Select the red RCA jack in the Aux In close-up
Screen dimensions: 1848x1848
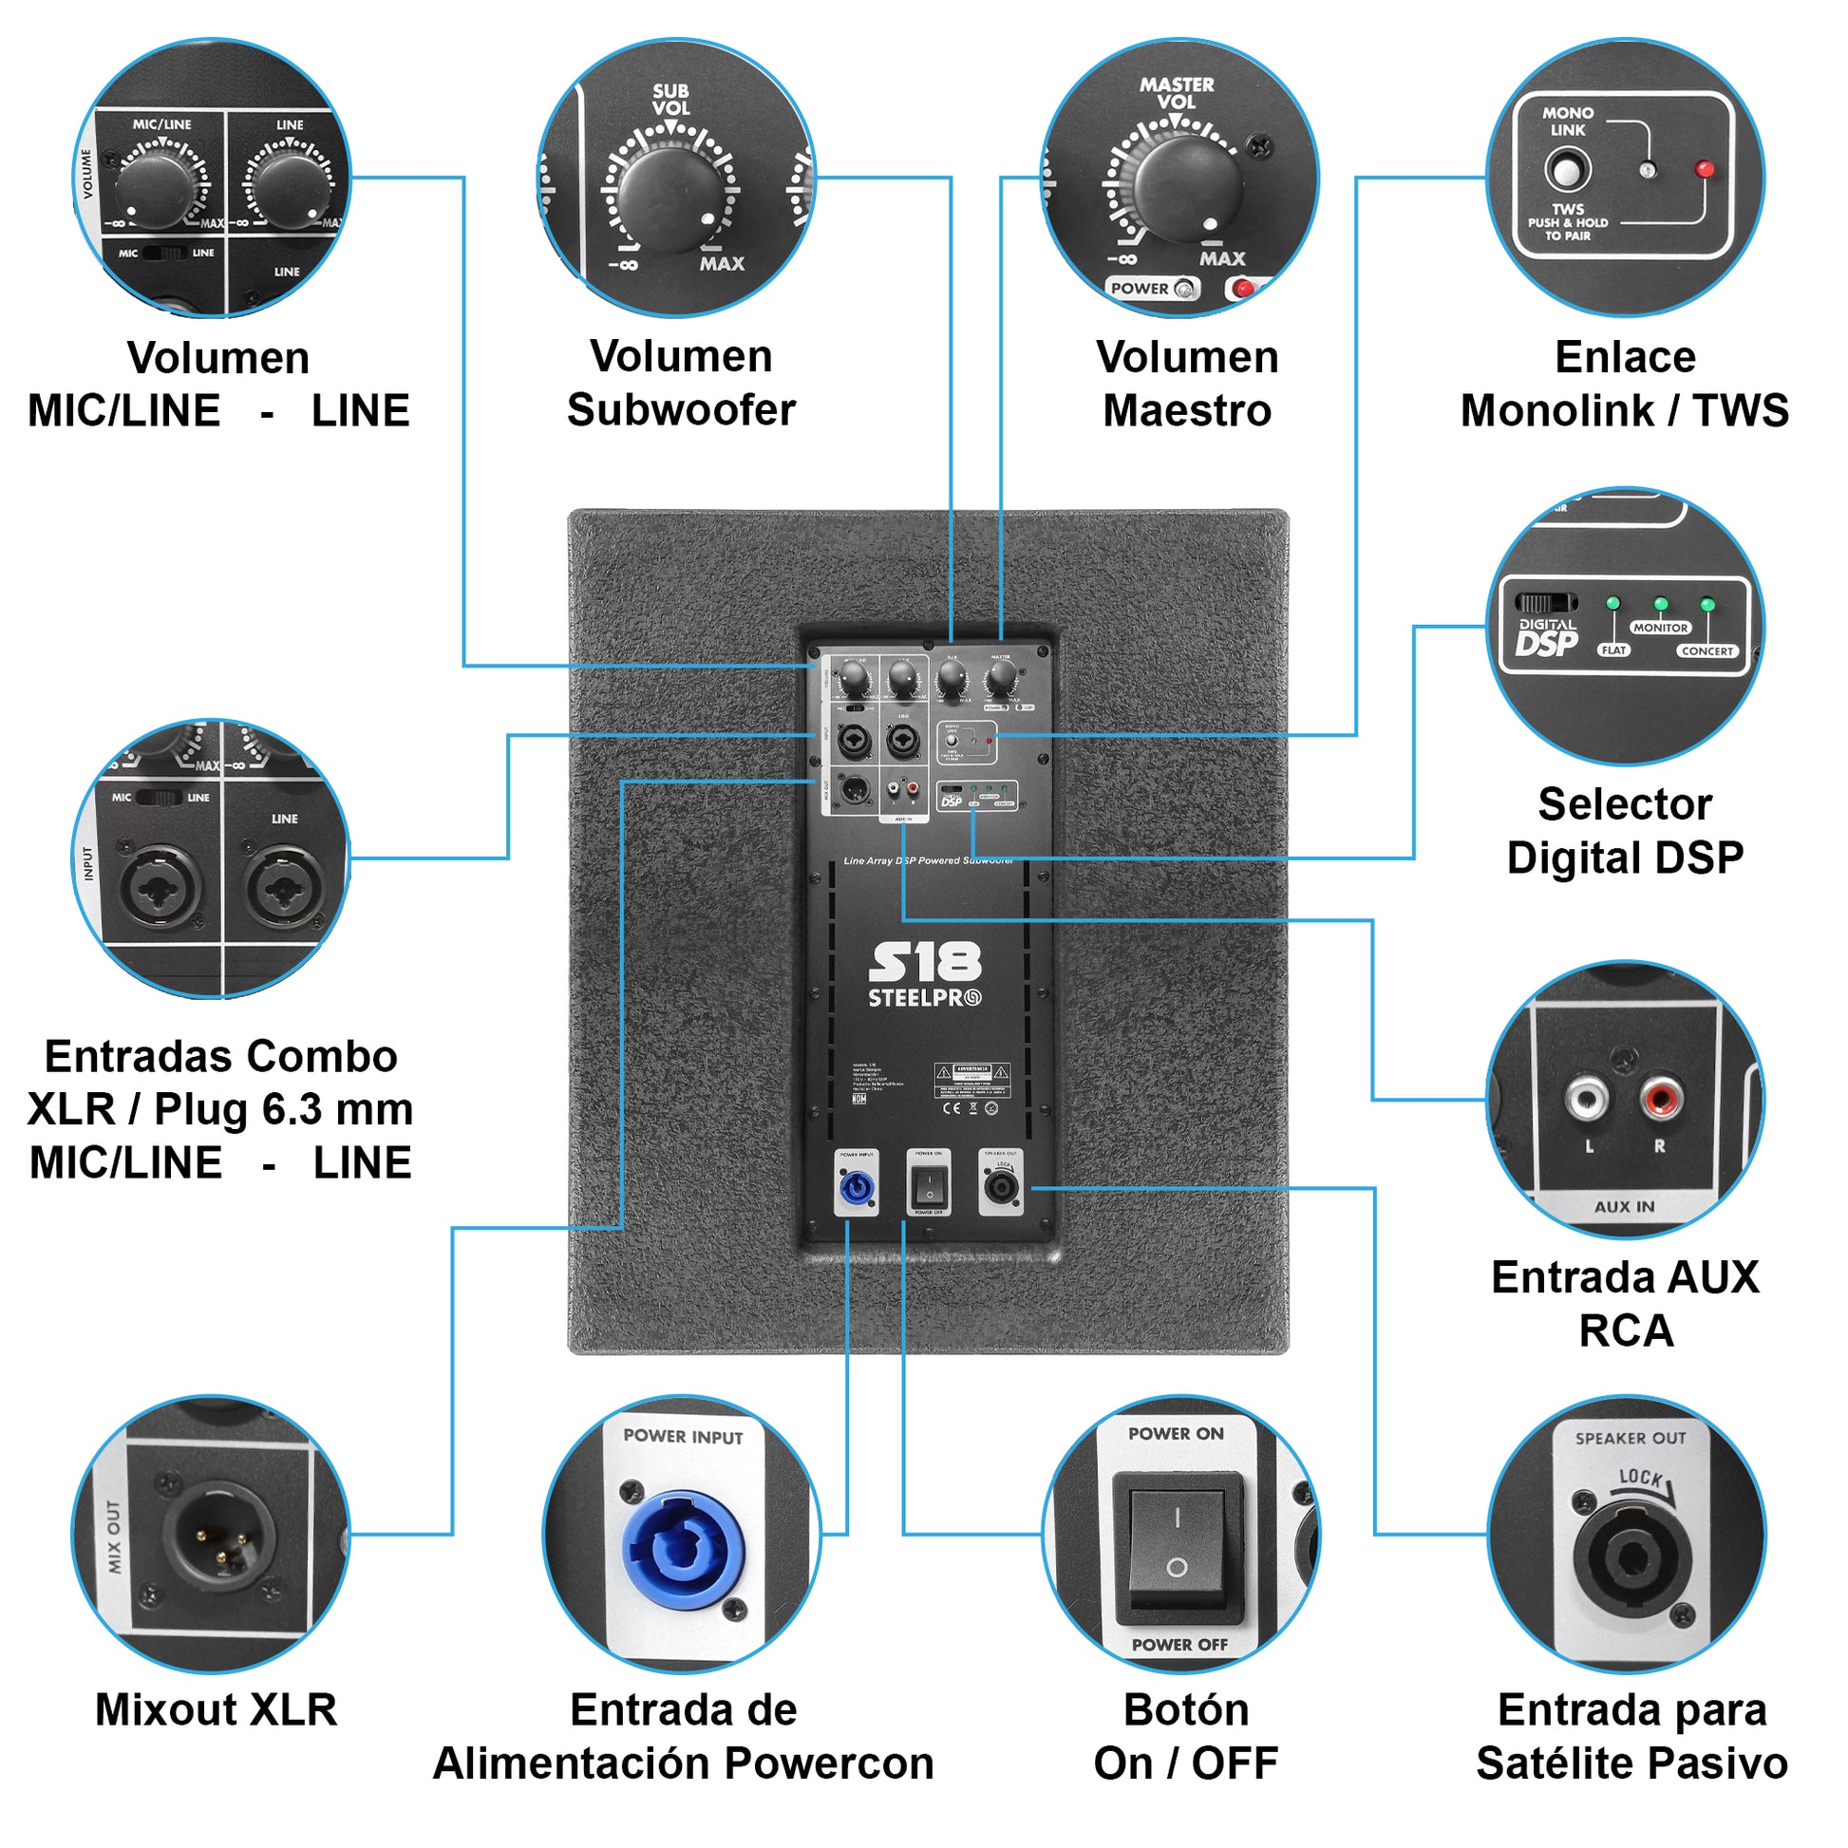pos(1662,1096)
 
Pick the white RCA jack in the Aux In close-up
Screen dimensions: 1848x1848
pos(1587,1096)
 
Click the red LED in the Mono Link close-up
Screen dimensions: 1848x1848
pos(1704,169)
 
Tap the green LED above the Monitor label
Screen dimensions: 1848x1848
pos(1661,605)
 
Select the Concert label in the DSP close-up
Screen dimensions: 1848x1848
pos(1707,651)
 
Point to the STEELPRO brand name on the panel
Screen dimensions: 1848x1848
pos(924,999)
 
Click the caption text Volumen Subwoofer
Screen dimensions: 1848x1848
pos(681,384)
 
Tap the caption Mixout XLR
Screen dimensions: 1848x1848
pos(217,1709)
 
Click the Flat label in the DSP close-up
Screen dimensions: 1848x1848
pos(1613,651)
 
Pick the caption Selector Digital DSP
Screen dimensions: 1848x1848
pos(1625,830)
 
